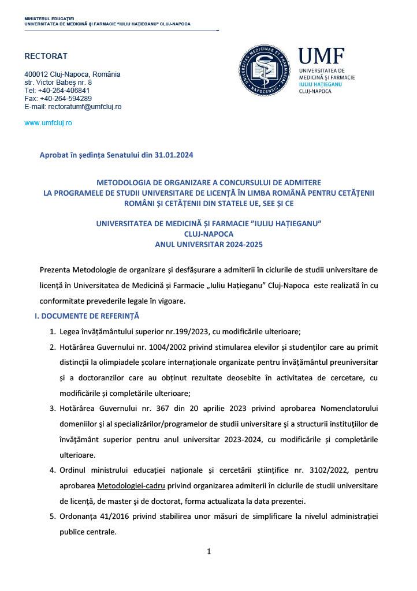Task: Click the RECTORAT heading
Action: pyautogui.click(x=46, y=56)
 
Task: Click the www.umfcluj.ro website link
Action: pyautogui.click(x=48, y=123)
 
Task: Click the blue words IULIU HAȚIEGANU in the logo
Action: pyautogui.click(x=320, y=84)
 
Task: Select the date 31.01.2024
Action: pyautogui.click(x=172, y=155)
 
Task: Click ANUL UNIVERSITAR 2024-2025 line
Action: pyautogui.click(x=208, y=244)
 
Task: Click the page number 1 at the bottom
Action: pyautogui.click(x=208, y=552)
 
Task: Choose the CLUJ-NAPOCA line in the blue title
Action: pyautogui.click(x=208, y=234)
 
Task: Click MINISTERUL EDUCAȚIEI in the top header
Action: pyautogui.click(x=53, y=19)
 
